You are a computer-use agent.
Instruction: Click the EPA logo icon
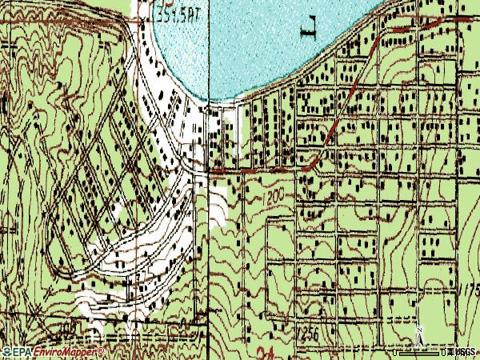tap(6, 352)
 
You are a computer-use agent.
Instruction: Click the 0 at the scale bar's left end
tap(395, 352)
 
